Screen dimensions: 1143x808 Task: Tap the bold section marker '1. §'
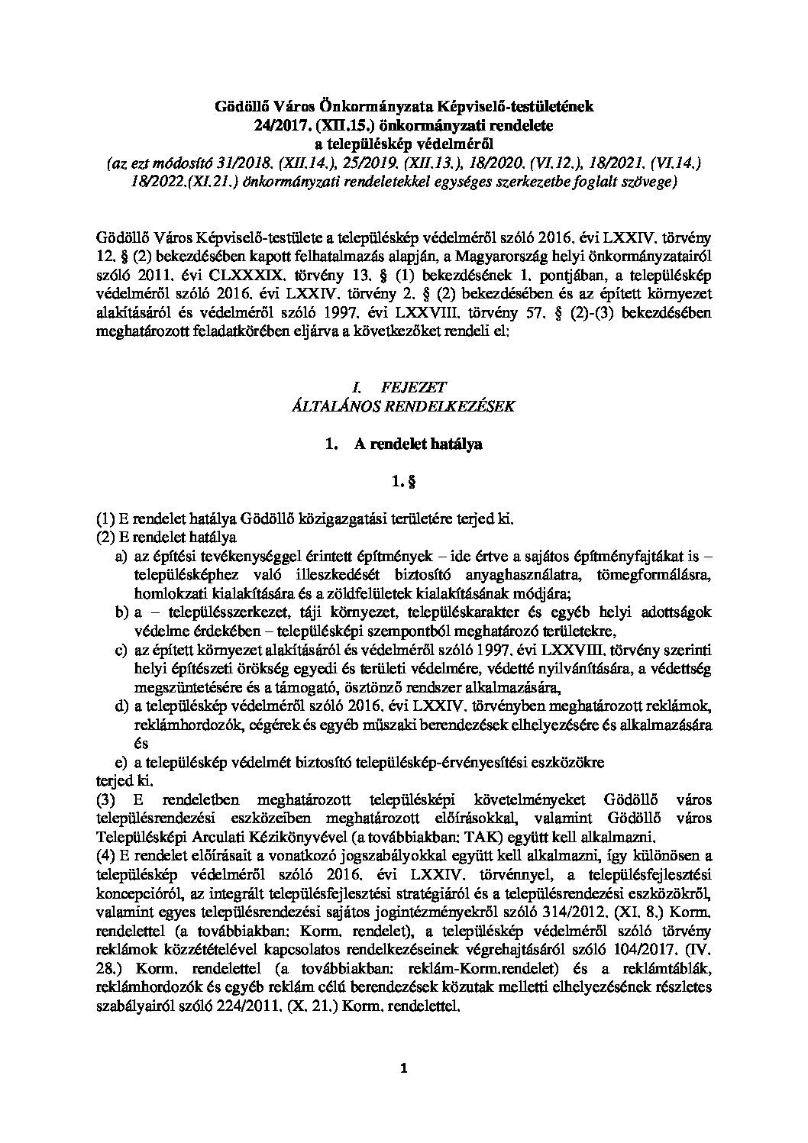click(x=403, y=481)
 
